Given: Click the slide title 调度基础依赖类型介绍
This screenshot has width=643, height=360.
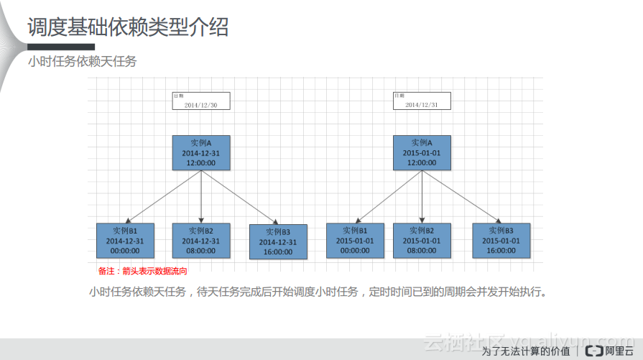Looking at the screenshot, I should tap(128, 27).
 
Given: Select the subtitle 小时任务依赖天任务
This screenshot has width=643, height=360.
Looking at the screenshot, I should tap(82, 62).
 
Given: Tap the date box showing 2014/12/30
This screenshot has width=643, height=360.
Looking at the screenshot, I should tap(200, 101).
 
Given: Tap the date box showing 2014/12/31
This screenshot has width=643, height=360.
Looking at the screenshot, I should tap(422, 101).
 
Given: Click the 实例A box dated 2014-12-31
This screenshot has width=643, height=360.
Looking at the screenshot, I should tap(201, 153).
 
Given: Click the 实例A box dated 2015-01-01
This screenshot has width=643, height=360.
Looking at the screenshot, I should tap(422, 153).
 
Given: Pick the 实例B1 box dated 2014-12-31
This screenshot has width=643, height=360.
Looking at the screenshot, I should tap(125, 241).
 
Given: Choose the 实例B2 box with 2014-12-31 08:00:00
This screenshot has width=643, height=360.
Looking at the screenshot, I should tap(201, 241).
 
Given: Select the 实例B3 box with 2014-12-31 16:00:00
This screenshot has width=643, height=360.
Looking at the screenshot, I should tap(278, 242).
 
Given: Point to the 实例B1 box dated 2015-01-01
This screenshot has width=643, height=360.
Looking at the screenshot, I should tap(355, 241).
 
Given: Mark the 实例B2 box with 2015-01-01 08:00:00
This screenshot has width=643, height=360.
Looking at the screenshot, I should tap(422, 241).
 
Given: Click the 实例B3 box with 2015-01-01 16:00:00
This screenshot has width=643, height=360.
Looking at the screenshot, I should tap(501, 241).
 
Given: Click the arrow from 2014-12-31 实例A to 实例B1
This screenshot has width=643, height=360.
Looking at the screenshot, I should tap(162, 197).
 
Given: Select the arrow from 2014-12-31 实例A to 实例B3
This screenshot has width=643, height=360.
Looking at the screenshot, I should tap(240, 197).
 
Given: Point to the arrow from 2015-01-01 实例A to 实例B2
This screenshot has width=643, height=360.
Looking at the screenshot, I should tap(422, 197).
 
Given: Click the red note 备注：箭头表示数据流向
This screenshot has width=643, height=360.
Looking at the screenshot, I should tap(142, 272).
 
